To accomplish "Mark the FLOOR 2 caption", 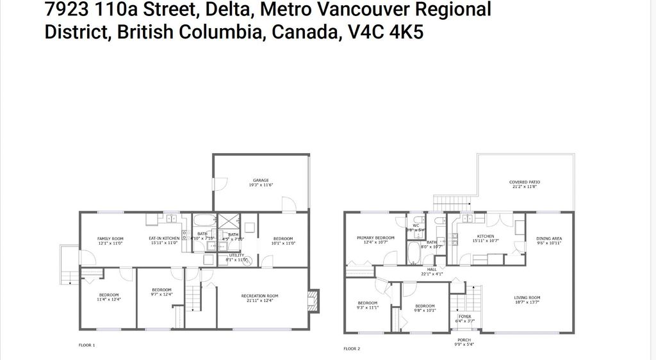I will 352,348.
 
